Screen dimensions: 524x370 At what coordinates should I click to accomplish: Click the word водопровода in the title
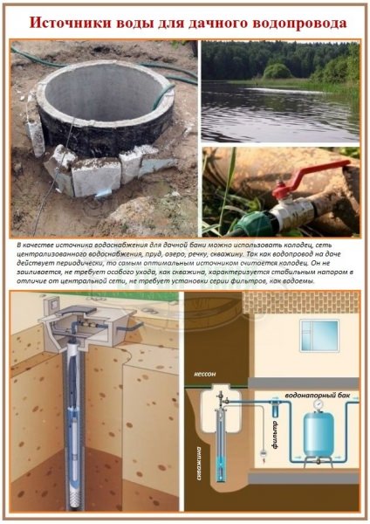(287, 20)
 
